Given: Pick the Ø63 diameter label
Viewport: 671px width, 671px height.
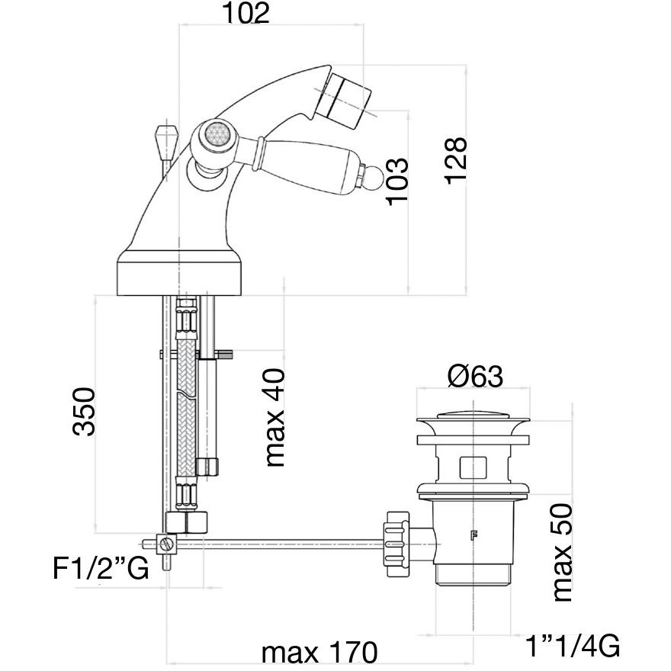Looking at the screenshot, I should tap(474, 376).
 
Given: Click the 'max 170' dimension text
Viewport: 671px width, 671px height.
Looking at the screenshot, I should tap(319, 653).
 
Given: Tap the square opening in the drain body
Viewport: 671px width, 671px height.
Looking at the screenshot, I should tap(474, 465).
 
